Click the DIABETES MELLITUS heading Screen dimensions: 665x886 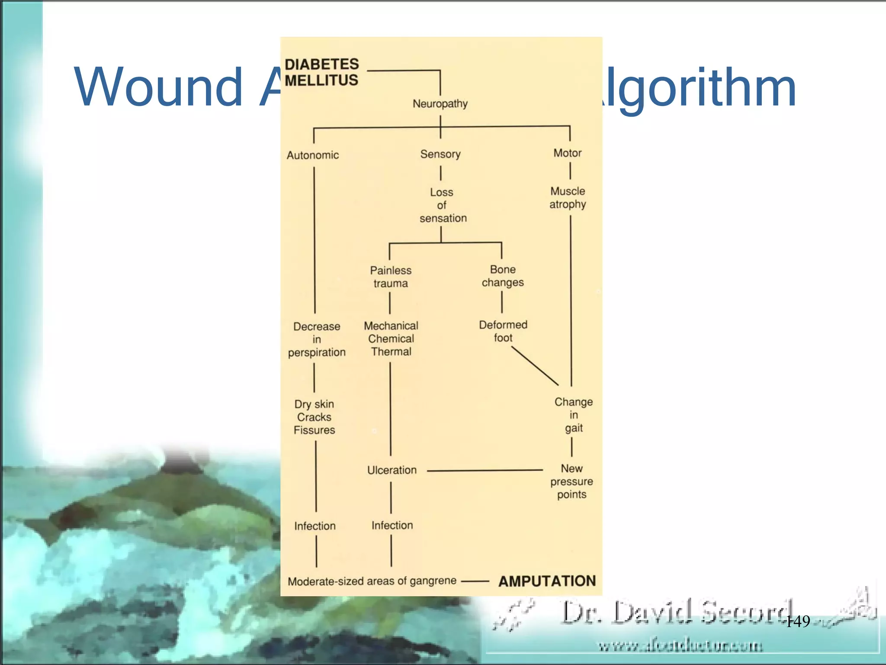[x=321, y=72]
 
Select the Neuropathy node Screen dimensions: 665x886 [x=440, y=104]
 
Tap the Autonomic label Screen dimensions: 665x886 [x=312, y=155]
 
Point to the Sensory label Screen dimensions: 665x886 [x=440, y=154]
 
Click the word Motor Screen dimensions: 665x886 [x=567, y=153]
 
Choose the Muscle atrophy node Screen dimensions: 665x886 [x=568, y=197]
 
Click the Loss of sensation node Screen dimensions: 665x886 [x=443, y=205]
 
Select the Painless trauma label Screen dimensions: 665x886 [x=391, y=277]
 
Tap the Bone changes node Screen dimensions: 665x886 [x=503, y=276]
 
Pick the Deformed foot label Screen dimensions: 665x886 [x=503, y=331]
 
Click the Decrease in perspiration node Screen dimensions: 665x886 [x=317, y=339]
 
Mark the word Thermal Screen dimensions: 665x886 [x=391, y=352]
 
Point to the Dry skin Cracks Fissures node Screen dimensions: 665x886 [x=315, y=417]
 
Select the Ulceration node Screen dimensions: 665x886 [x=392, y=470]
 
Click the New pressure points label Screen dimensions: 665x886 [x=571, y=481]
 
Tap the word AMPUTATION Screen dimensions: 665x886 [x=547, y=581]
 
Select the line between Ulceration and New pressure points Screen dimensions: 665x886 [x=485, y=470]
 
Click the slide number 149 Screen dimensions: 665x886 [x=798, y=622]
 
